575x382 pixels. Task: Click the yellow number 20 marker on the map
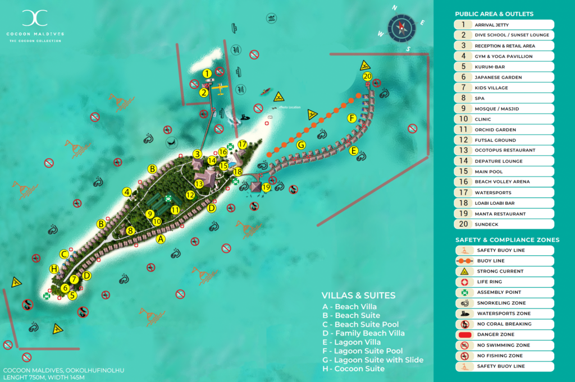pyautogui.click(x=367, y=76)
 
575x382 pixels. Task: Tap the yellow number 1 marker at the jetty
pyautogui.click(x=207, y=73)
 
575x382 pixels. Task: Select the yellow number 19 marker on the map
pyautogui.click(x=266, y=187)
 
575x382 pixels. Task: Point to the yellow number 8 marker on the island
pyautogui.click(x=130, y=230)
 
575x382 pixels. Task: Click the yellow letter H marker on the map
pyautogui.click(x=54, y=269)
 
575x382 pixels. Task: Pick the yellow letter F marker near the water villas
pyautogui.click(x=352, y=118)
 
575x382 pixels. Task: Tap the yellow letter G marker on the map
pyautogui.click(x=301, y=145)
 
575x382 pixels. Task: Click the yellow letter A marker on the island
pyautogui.click(x=161, y=239)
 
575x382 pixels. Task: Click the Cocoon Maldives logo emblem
pyautogui.click(x=35, y=18)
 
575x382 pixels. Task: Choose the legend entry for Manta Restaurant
pyautogui.click(x=504, y=214)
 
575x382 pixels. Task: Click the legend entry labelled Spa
pyautogui.click(x=504, y=98)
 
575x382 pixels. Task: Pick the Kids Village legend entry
pyautogui.click(x=504, y=88)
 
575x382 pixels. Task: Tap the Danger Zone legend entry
pyautogui.click(x=504, y=334)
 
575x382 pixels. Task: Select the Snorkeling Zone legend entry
pyautogui.click(x=504, y=303)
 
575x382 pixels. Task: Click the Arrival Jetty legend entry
pyautogui.click(x=504, y=25)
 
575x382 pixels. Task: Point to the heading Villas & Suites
pyautogui.click(x=358, y=296)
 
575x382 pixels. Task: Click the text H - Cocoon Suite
pyautogui.click(x=353, y=369)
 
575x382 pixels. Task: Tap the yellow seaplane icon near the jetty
pyautogui.click(x=220, y=89)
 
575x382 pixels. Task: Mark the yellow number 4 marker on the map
pyautogui.click(x=127, y=192)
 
